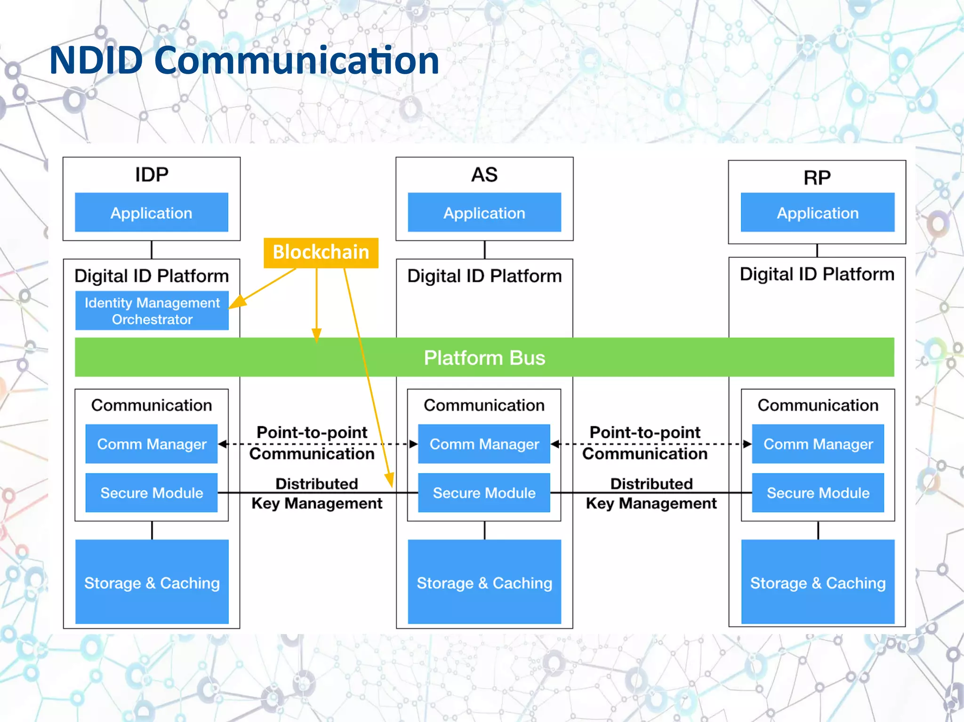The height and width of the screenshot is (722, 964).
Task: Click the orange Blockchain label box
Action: coord(321,253)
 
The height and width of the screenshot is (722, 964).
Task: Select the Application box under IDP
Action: coord(152,213)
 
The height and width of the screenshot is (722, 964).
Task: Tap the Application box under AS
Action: coord(484,213)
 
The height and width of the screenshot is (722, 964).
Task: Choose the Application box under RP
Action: coord(818,213)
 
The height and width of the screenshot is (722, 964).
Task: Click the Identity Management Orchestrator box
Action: coord(152,311)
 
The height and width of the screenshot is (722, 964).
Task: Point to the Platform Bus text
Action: coord(484,358)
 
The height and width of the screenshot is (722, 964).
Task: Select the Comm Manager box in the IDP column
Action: coord(152,444)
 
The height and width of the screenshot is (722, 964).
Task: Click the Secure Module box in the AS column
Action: coord(484,493)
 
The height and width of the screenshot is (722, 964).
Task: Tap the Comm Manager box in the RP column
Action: coord(818,444)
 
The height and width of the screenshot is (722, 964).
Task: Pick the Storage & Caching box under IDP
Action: coord(152,582)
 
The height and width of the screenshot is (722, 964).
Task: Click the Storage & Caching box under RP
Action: coord(818,582)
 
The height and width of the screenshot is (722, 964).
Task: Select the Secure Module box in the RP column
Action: coord(818,493)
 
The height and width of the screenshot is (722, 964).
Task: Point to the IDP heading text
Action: coord(152,175)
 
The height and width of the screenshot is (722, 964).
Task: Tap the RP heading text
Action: coord(817,178)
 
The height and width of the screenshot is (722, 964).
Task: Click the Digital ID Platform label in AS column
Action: coord(484,276)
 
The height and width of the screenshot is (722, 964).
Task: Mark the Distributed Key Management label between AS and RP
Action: coord(651,493)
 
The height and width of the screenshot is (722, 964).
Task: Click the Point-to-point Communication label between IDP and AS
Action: coord(312,443)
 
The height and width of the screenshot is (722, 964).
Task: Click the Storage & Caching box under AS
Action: coord(484,582)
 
